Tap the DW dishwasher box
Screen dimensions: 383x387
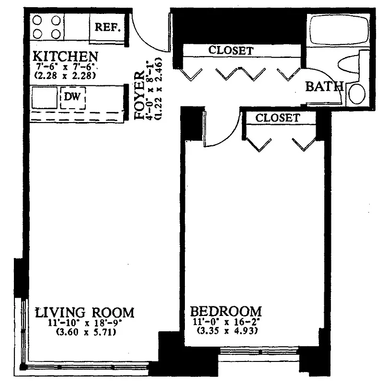[73, 97]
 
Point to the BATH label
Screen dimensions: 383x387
[324, 87]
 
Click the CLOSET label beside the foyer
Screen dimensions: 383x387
[231, 50]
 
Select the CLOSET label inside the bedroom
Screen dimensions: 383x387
[278, 118]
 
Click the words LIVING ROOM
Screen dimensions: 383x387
[85, 312]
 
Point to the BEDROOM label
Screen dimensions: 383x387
[226, 311]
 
